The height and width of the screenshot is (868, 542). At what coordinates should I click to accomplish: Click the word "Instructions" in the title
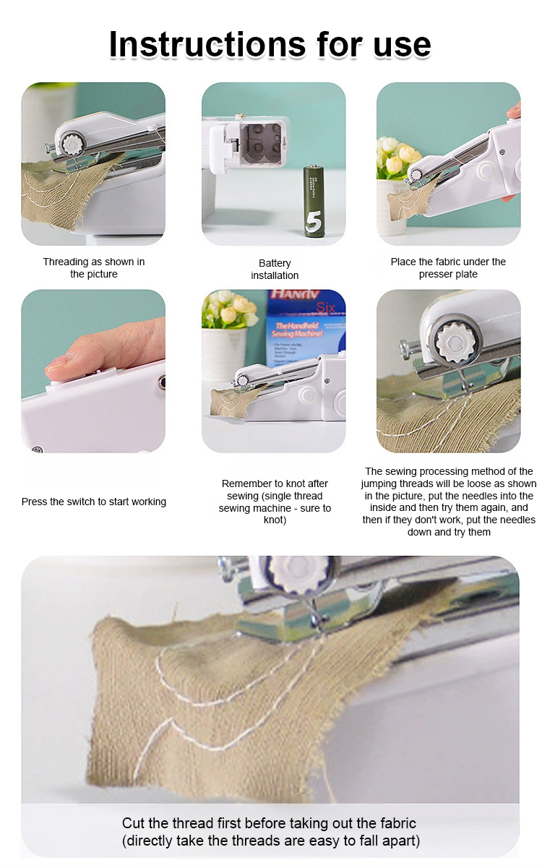pos(207,44)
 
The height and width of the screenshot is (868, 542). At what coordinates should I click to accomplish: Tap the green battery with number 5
pos(313,201)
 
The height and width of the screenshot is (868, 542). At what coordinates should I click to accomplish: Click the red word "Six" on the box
pos(325,307)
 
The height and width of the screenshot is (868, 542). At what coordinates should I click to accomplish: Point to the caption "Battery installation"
pos(275,270)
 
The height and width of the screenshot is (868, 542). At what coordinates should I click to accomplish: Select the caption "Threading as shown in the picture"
pos(94,267)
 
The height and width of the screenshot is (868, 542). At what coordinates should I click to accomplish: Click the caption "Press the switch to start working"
pos(94,502)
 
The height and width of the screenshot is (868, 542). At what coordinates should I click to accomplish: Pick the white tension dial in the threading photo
pos(72,144)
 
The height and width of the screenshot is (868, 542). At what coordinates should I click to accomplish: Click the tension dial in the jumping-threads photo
pos(453,342)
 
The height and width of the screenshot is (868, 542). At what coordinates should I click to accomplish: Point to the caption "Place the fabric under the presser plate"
pos(448,267)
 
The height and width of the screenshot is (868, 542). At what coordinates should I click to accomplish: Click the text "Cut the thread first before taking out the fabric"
pos(269,822)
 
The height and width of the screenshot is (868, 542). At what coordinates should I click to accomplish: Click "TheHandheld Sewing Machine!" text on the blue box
pos(297,330)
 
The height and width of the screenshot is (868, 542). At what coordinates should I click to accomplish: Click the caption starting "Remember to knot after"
pos(275,502)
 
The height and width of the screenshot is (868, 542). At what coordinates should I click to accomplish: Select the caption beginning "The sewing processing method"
pos(449,502)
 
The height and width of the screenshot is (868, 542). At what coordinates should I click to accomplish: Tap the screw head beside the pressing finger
pos(162,382)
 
